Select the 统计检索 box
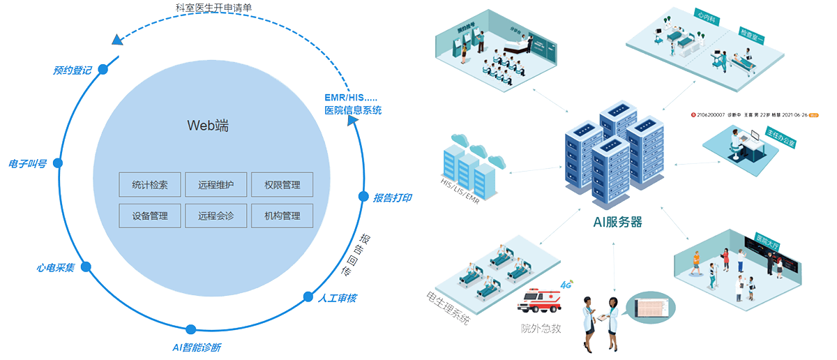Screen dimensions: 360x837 (150, 185)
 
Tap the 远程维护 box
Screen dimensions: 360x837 (216, 185)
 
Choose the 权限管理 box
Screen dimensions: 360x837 (282, 185)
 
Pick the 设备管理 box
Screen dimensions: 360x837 (150, 216)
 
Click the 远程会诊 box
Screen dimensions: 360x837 (216, 216)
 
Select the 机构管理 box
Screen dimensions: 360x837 (282, 216)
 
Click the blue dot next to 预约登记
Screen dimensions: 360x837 (103, 70)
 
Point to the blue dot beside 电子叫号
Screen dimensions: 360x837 (58, 163)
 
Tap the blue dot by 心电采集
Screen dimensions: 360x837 (86, 267)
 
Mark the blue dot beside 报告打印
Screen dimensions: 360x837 (363, 196)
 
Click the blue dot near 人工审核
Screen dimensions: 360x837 (308, 296)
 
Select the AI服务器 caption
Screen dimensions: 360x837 (617, 223)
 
